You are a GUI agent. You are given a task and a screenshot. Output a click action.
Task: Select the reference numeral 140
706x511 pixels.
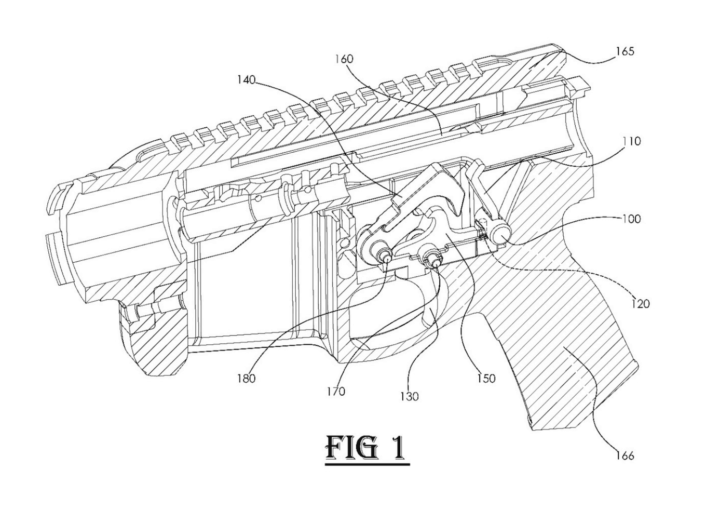coord(246,80)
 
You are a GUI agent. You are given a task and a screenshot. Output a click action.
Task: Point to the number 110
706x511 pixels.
coord(631,141)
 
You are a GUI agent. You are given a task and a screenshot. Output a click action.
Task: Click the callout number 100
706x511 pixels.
coord(631,219)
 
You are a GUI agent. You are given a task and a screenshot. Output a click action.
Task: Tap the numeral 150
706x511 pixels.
coord(486,378)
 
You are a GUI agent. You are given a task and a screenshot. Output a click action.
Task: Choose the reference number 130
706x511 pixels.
coord(409,396)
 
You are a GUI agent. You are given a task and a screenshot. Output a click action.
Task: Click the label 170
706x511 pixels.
coord(336,392)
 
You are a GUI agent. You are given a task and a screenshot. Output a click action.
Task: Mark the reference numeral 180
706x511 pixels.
coord(246,378)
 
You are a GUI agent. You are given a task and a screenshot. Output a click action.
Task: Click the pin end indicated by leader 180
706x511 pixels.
coord(385,257)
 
